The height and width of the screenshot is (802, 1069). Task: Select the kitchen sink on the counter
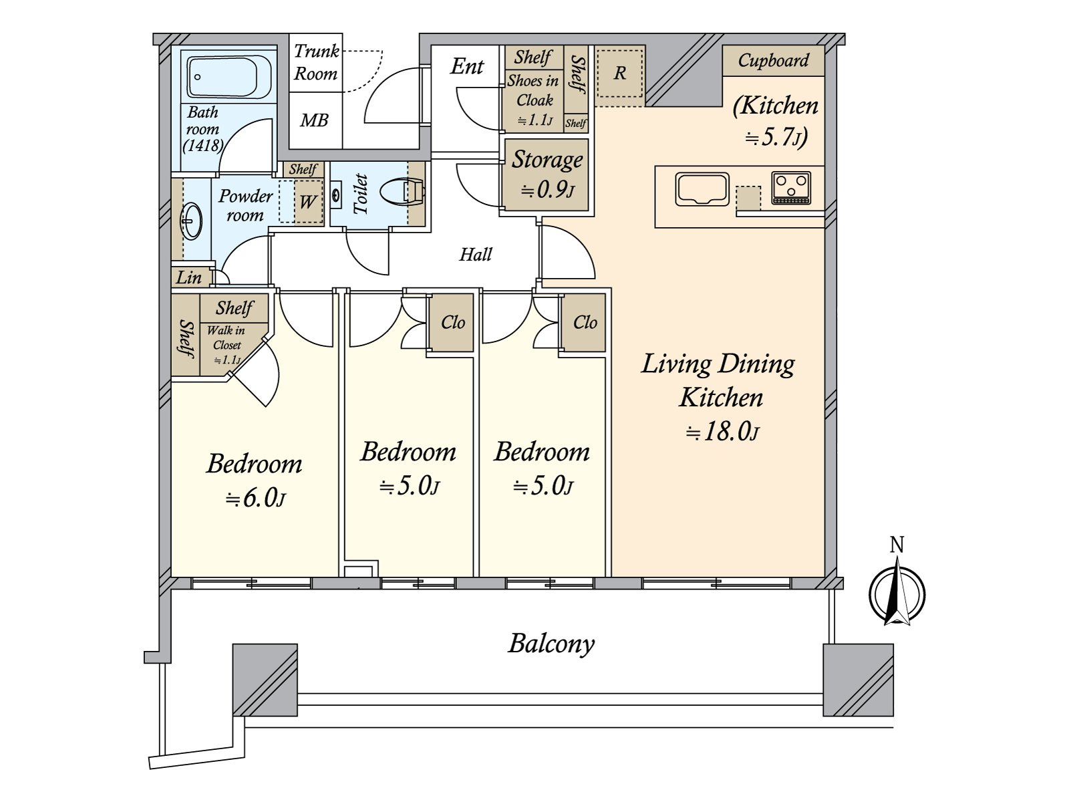pos(702,189)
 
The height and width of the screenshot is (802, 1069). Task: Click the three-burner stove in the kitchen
pos(791,188)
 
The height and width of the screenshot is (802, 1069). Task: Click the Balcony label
pos(551,644)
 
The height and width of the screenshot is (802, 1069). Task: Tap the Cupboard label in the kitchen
pos(773,60)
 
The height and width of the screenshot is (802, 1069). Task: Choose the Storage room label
pos(547,159)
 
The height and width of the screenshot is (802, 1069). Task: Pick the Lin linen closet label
pos(188,277)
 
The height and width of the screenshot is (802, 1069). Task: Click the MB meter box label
pos(314,120)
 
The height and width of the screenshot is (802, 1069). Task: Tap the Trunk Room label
pos(316,62)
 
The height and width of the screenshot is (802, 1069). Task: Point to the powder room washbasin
pos(191,222)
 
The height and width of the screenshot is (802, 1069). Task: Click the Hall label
pos(476,254)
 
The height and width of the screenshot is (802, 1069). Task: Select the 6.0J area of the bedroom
pos(255,499)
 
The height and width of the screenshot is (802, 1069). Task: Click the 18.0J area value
pos(722,432)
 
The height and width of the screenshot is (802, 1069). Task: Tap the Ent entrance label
pos(466,66)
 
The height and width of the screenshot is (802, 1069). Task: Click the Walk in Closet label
pos(226,338)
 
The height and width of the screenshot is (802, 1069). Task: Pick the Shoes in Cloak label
pos(533,90)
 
